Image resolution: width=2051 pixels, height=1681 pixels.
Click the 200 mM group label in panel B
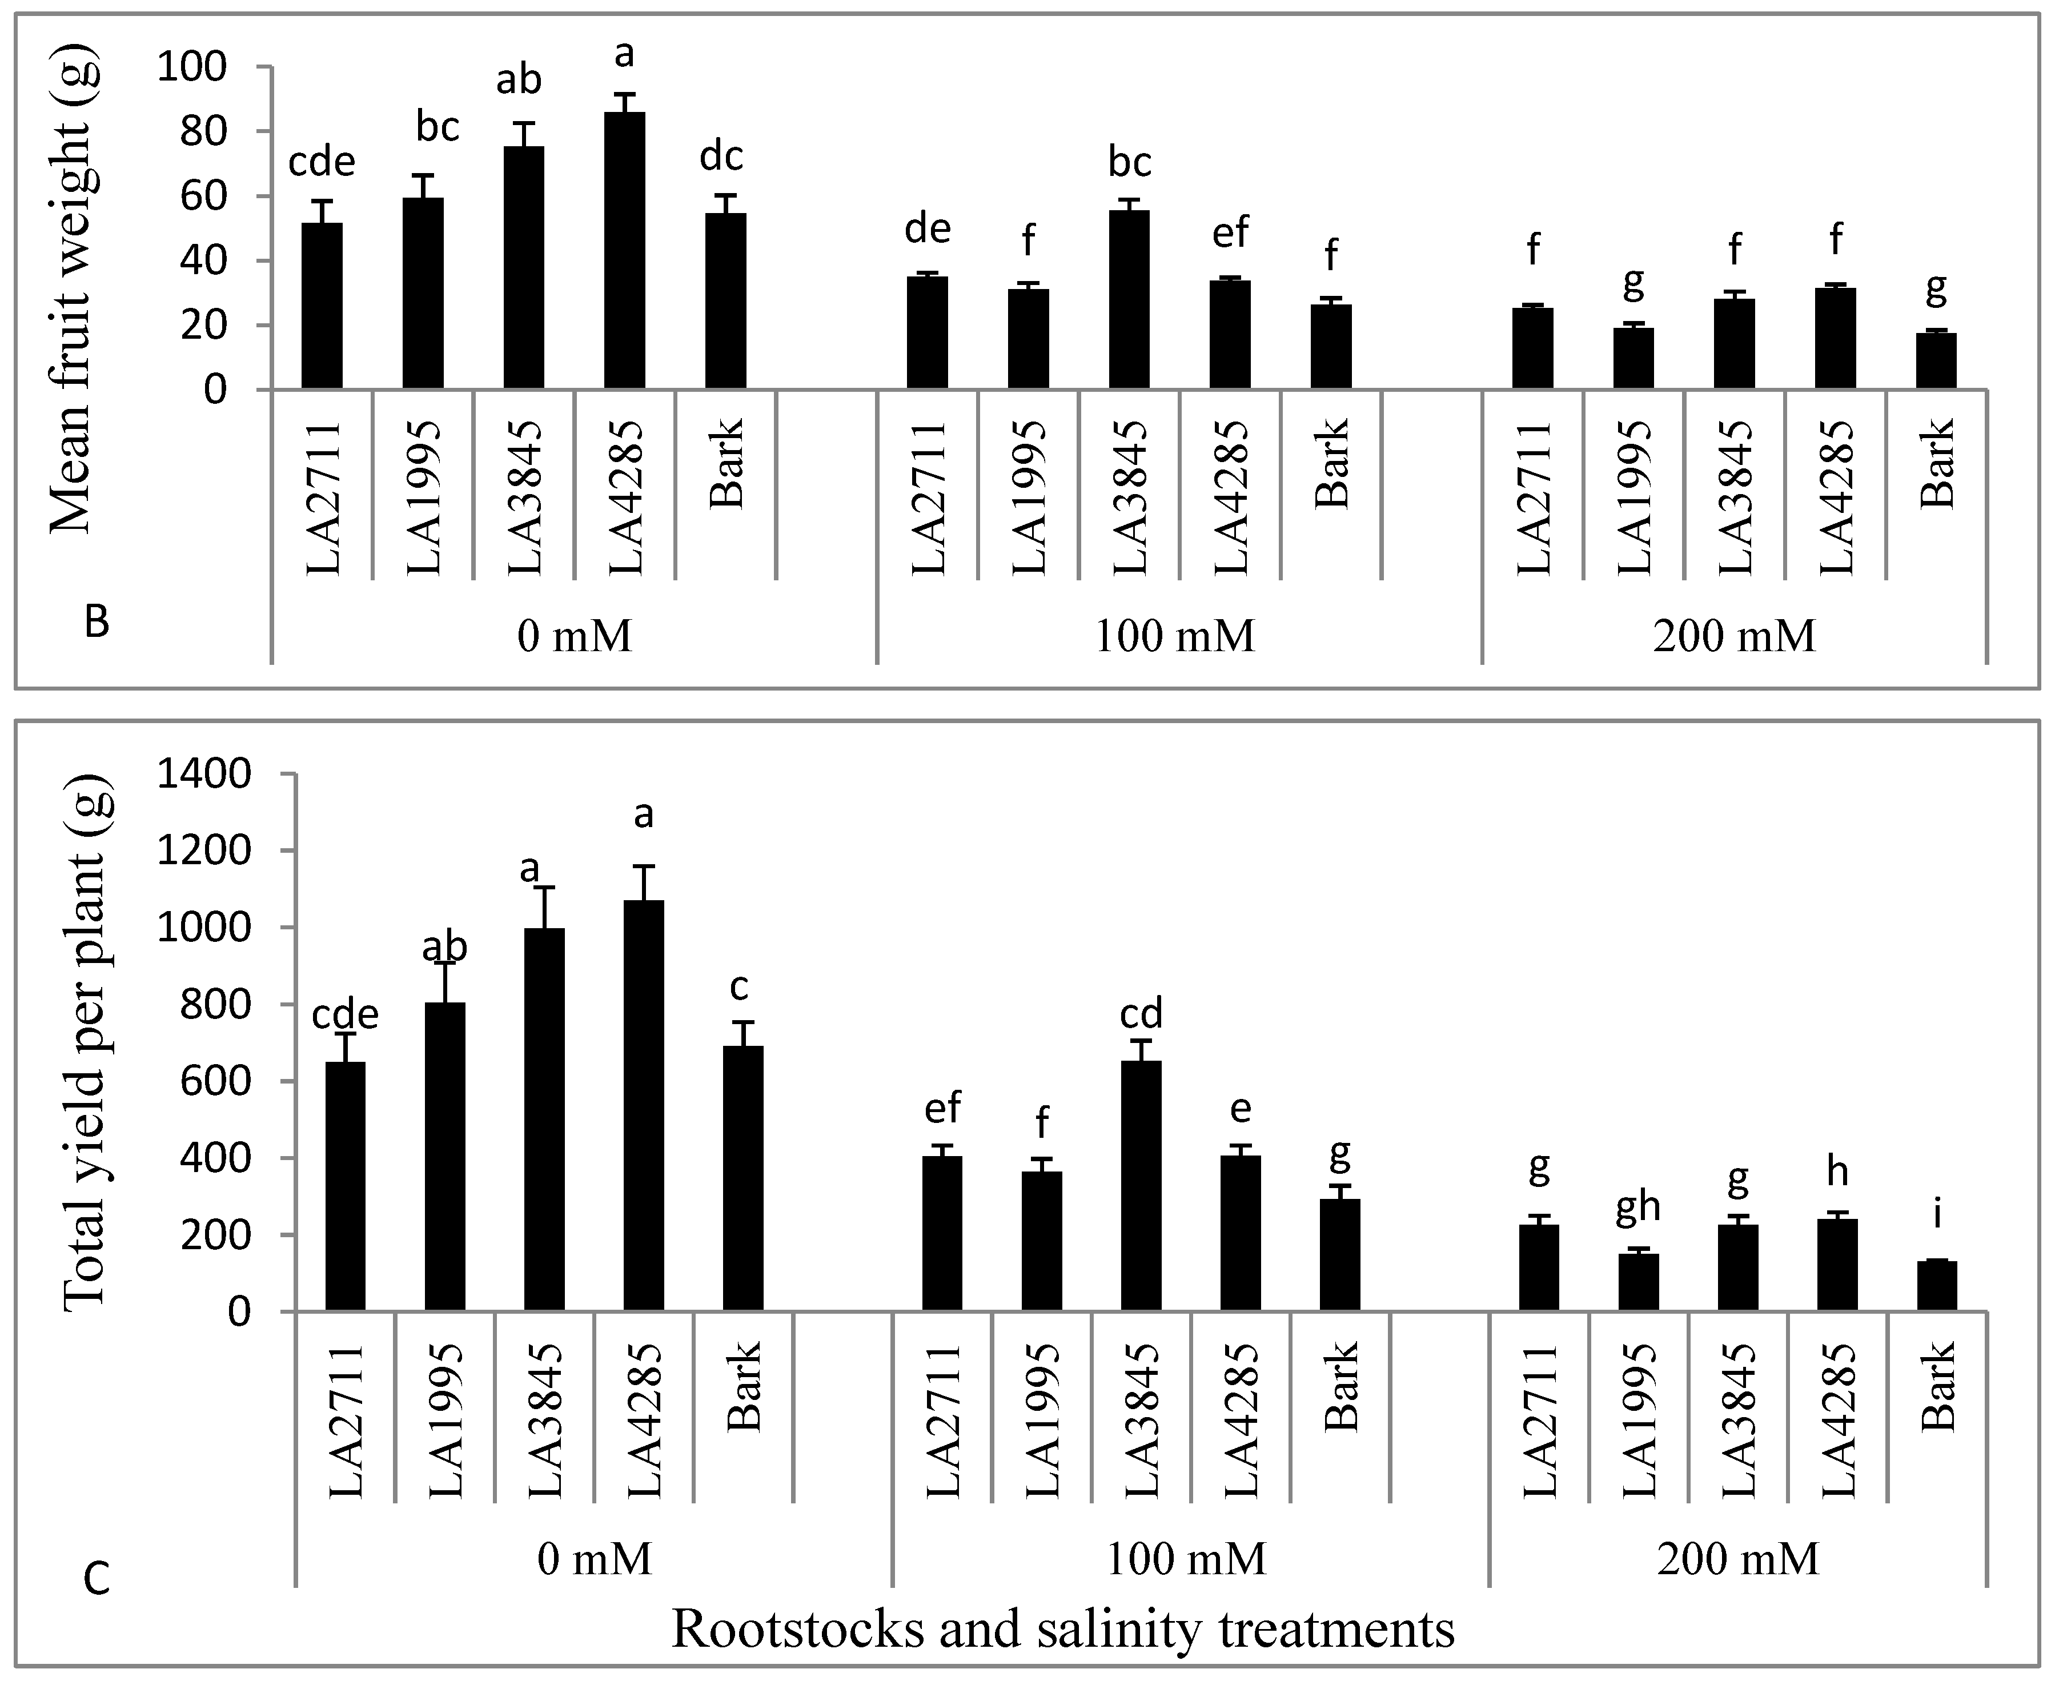click(1733, 636)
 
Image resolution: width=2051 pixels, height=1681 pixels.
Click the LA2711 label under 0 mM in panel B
click(323, 497)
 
